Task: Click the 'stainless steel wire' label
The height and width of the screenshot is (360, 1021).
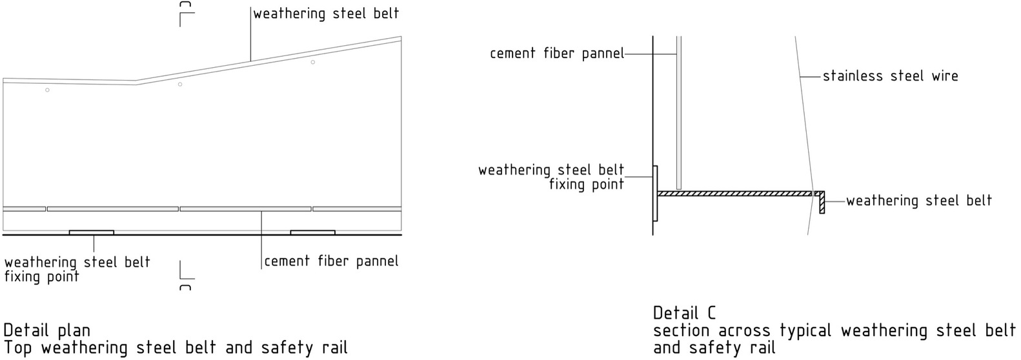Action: (890, 76)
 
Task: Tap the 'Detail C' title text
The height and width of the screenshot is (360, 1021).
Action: (684, 313)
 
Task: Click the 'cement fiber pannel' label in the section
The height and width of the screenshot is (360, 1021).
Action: (556, 54)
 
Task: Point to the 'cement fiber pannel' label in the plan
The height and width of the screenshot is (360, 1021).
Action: (331, 261)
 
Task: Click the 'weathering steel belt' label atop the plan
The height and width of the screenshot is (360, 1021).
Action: (326, 13)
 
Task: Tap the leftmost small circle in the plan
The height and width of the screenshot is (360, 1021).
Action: (47, 90)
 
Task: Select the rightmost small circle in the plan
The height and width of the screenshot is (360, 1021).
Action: (312, 62)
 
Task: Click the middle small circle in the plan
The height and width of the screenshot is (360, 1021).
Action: (180, 85)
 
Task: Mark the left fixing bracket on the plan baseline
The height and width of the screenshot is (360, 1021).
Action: (91, 232)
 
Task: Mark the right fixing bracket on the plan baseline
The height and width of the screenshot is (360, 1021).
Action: (312, 232)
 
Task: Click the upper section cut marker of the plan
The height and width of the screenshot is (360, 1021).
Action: (185, 14)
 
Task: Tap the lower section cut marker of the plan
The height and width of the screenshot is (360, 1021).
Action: (185, 275)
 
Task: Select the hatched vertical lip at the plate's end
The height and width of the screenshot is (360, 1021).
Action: (822, 203)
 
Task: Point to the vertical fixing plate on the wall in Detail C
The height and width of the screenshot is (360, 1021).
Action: (655, 193)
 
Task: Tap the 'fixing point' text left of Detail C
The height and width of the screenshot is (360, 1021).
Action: (586, 185)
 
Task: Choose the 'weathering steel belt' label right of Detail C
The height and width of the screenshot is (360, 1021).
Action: (919, 201)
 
